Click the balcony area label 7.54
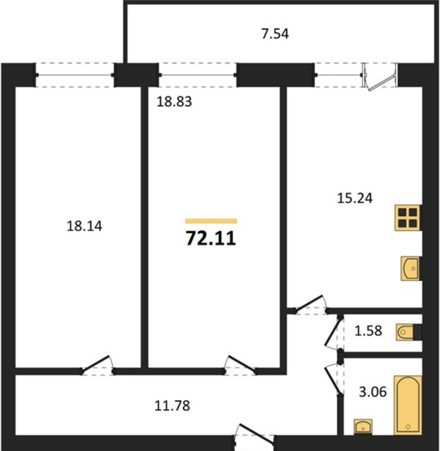coord(275,34)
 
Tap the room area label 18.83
coord(174,102)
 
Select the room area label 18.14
coord(85,226)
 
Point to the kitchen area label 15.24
coord(355,198)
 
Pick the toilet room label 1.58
coord(368,331)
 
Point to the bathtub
coord(408,405)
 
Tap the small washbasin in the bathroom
coord(363,427)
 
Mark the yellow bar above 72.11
coord(211,221)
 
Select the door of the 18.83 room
coord(240,364)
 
